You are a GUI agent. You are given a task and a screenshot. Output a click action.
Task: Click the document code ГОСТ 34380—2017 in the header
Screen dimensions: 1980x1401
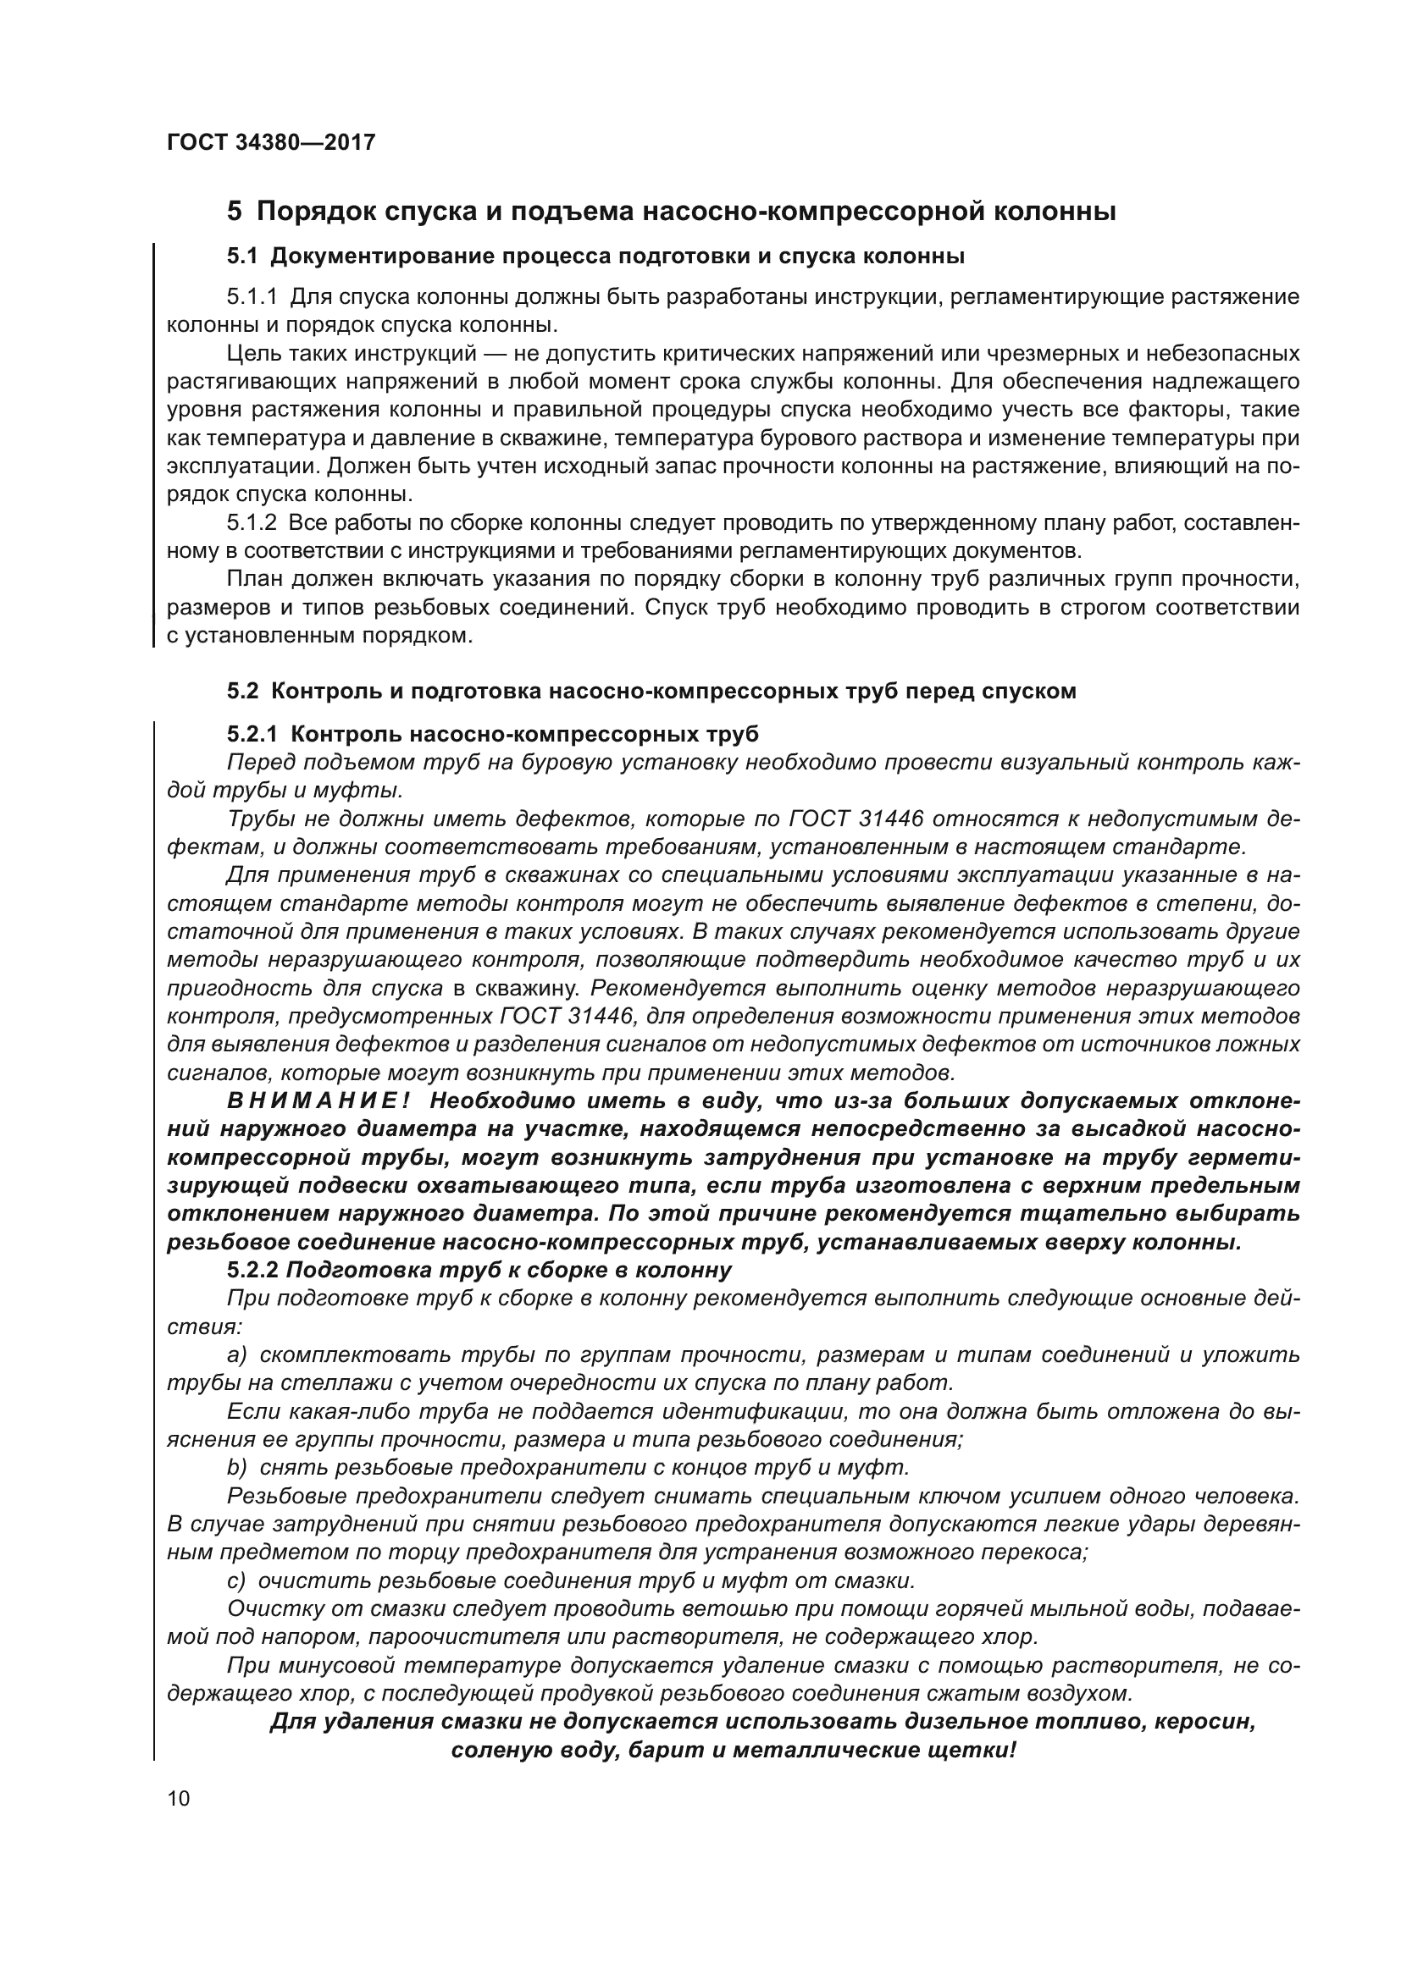(271, 142)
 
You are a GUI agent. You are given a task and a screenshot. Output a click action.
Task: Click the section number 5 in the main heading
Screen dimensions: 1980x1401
(234, 212)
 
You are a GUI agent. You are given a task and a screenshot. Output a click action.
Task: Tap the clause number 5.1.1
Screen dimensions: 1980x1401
(252, 297)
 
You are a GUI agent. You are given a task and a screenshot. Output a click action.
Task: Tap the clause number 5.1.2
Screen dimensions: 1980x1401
(252, 523)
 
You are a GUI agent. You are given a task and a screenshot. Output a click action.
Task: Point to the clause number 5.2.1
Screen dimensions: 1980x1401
(252, 734)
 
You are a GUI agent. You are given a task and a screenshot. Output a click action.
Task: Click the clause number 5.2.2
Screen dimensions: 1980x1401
(252, 1271)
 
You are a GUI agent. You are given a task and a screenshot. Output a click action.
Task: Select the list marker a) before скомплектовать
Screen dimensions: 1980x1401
(237, 1354)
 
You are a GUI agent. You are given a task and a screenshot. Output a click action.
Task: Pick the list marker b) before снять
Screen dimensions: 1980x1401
(237, 1467)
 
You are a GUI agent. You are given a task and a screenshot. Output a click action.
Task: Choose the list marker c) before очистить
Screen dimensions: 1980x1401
(237, 1580)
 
